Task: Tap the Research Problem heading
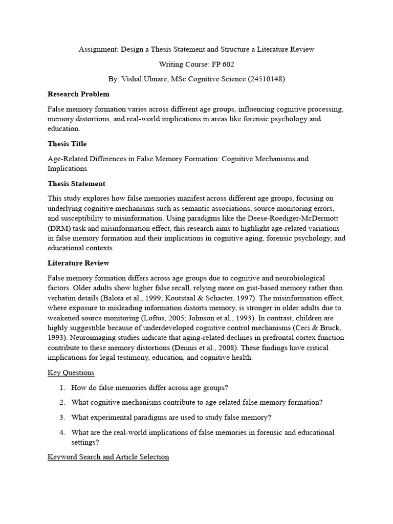tap(78, 94)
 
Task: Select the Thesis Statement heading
tap(76, 183)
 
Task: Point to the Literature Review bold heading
tap(78, 263)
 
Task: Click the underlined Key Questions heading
tap(71, 373)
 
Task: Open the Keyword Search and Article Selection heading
tap(108, 456)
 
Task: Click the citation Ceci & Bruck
tap(307, 327)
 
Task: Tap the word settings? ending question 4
tap(85, 442)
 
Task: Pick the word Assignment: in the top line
tap(97, 50)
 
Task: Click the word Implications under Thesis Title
tap(67, 168)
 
